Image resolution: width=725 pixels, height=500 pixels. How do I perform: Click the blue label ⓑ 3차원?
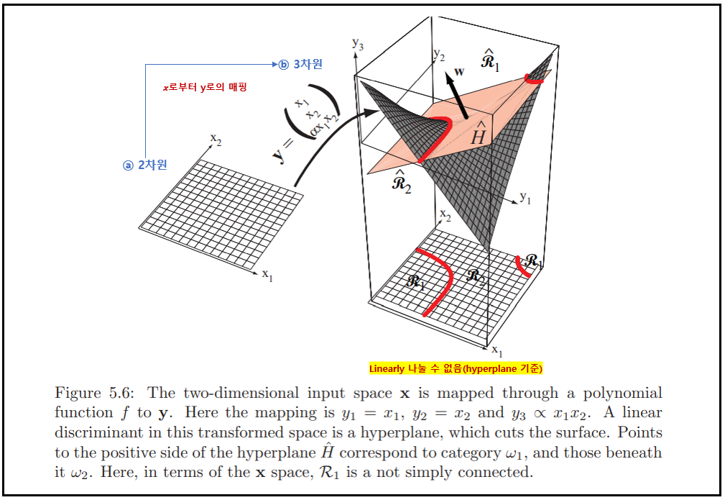pos(301,64)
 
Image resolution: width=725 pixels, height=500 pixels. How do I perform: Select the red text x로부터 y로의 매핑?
pos(205,87)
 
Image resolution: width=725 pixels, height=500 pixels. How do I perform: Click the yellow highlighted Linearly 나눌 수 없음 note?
pos(456,368)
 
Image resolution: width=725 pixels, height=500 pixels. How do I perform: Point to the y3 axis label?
pos(357,43)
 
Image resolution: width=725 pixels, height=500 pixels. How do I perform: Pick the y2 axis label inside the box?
pos(439,55)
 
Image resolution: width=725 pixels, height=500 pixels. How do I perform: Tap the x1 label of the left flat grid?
pos(267,275)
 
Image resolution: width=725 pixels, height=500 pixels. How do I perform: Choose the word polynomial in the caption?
pos(622,394)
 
